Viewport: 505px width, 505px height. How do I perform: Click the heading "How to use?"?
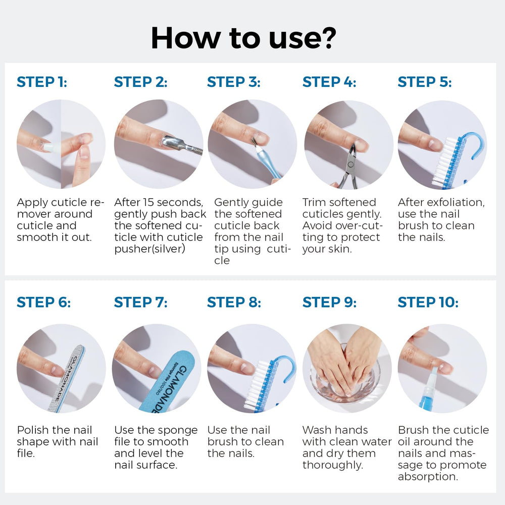point(243,38)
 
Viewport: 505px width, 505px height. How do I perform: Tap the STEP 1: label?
point(42,82)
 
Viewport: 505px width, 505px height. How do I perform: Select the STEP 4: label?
point(329,82)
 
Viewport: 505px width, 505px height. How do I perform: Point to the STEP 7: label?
point(141,302)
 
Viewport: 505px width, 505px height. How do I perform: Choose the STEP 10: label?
point(428,302)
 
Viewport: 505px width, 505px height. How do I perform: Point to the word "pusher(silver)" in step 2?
point(150,249)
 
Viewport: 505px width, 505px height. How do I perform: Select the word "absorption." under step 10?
point(428,477)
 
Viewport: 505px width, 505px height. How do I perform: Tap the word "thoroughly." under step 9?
point(333,466)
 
